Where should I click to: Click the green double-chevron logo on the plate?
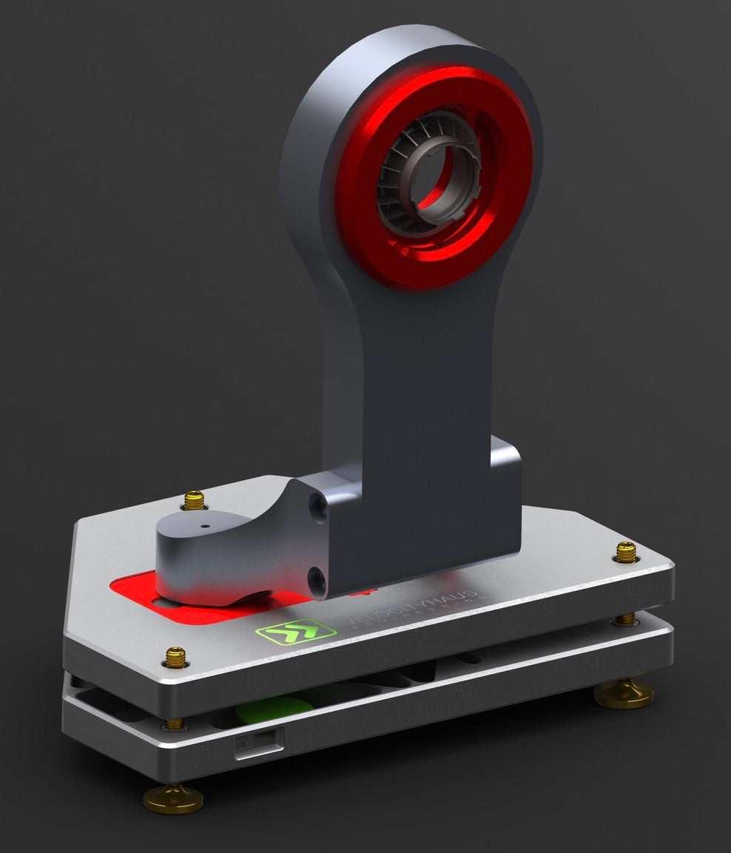[285, 633]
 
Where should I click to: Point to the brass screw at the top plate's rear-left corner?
[195, 500]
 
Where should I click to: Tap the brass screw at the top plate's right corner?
[625, 551]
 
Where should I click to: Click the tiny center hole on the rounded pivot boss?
[205, 527]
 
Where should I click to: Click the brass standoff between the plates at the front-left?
[175, 722]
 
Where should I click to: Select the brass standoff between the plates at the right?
[626, 618]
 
